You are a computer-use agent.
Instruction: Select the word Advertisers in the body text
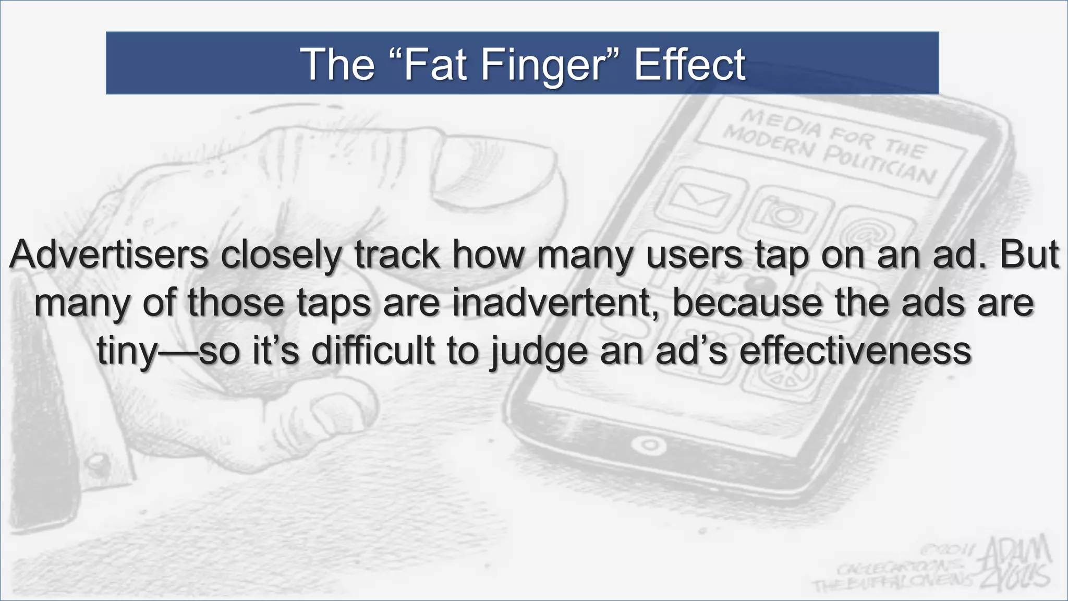(108, 255)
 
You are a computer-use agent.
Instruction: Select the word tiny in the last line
(127, 351)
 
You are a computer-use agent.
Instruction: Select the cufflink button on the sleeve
(96, 462)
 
